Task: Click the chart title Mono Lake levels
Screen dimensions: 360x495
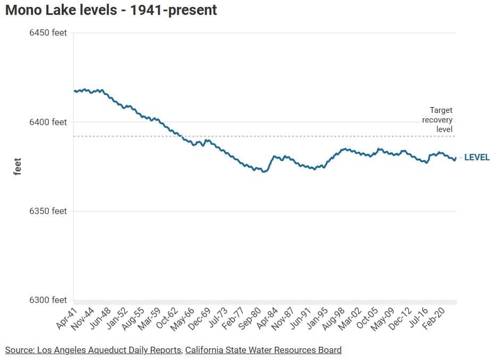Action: (x=111, y=10)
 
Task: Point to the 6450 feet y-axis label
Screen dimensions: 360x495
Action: (x=48, y=33)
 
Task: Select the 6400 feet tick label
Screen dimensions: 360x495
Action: (x=48, y=122)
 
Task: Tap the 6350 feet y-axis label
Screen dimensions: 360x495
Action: (x=48, y=211)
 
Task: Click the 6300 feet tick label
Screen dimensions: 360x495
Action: (x=48, y=300)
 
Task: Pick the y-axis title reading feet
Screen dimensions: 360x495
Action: (x=17, y=166)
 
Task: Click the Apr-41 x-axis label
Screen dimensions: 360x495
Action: (x=67, y=318)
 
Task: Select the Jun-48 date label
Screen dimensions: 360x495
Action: (x=101, y=318)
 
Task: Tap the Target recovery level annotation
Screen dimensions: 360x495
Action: (x=438, y=119)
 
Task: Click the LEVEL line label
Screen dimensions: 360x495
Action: (x=477, y=158)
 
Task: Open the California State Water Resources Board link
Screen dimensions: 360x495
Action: (x=263, y=350)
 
